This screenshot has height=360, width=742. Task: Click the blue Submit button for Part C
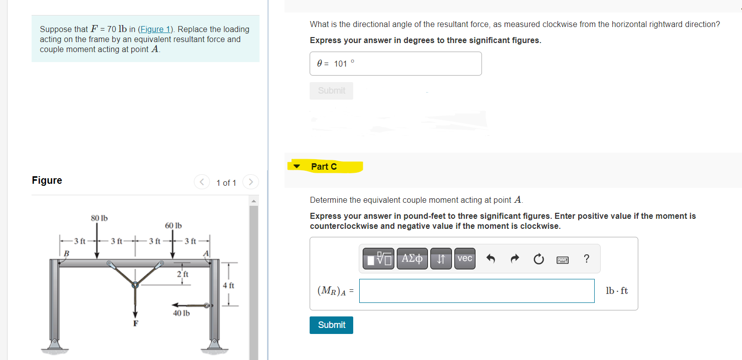click(331, 325)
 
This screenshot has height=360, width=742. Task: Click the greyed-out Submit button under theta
click(331, 91)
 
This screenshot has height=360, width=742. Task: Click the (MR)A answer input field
click(476, 291)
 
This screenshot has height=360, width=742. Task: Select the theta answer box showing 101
click(395, 64)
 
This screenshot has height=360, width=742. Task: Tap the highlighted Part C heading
click(324, 166)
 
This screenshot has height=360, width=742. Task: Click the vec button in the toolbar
click(465, 258)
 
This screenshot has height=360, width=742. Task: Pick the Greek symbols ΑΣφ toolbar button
click(412, 258)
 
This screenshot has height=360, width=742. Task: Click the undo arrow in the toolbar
click(490, 259)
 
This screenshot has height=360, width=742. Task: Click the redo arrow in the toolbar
click(514, 259)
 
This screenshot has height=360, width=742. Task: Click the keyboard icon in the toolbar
click(562, 259)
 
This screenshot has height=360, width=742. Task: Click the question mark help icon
click(586, 259)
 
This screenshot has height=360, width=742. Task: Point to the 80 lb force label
click(99, 218)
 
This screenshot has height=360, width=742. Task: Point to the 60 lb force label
click(173, 226)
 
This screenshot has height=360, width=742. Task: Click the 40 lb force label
click(181, 313)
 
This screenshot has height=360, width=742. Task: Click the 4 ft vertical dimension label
click(228, 285)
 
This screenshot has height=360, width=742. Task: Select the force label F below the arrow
click(135, 323)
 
